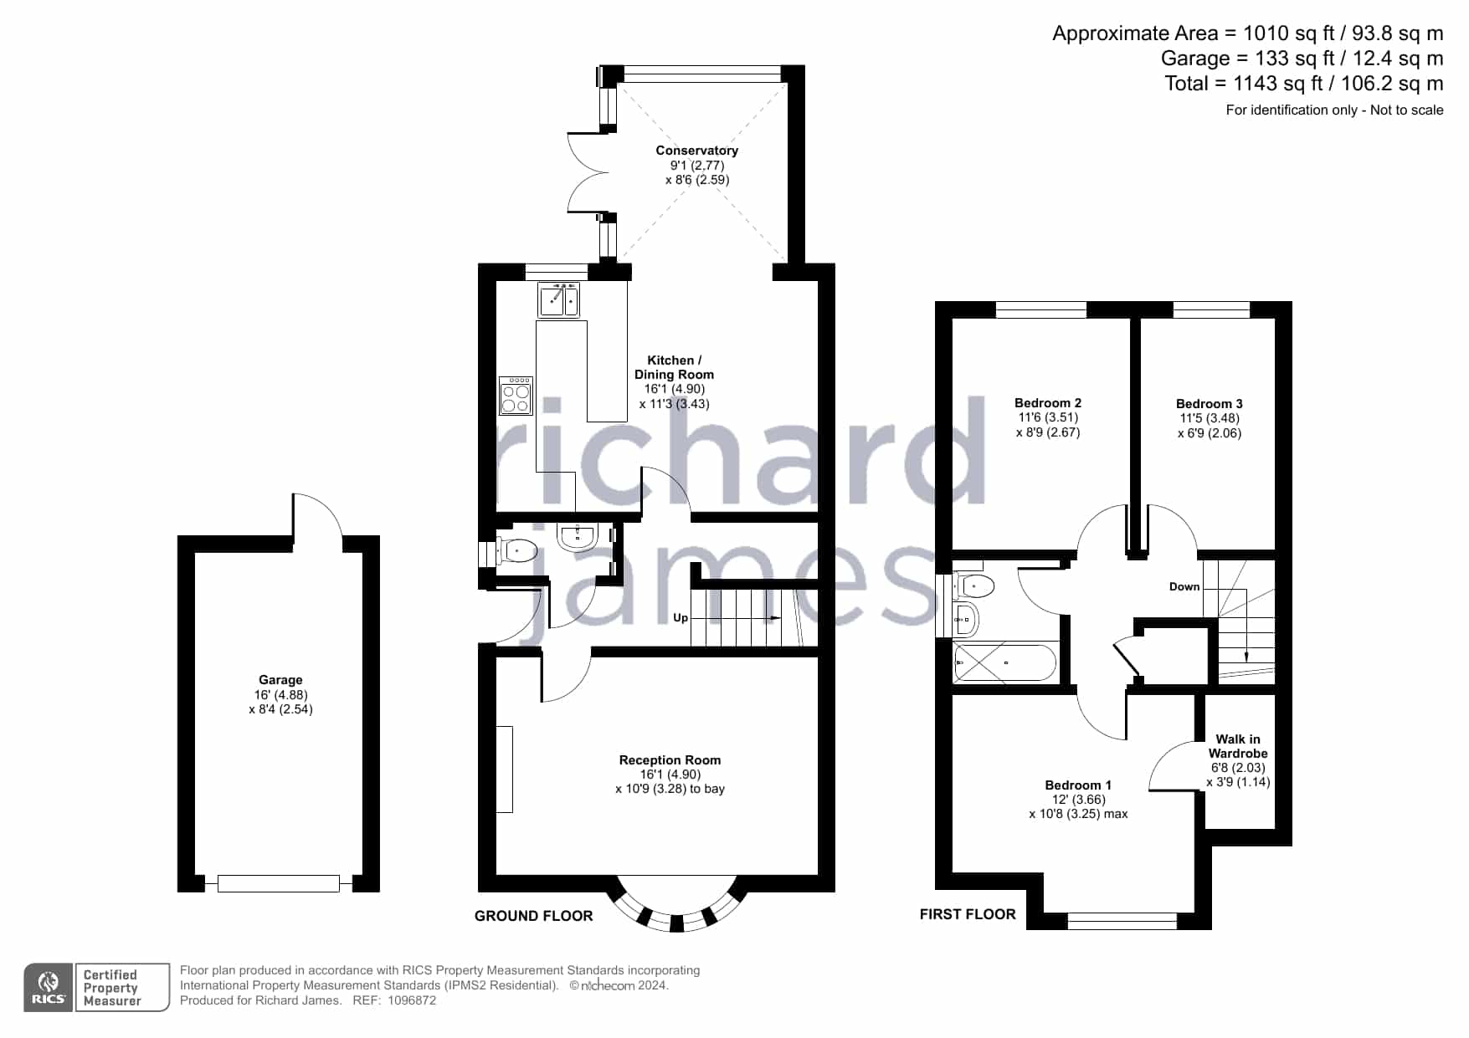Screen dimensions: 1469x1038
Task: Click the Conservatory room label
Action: click(696, 151)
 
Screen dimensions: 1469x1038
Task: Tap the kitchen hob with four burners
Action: click(516, 396)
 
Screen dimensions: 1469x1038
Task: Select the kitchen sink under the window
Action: click(559, 300)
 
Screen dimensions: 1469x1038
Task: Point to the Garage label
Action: click(280, 680)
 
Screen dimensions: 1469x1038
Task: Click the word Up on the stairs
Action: click(681, 618)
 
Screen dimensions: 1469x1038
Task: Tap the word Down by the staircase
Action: click(1184, 586)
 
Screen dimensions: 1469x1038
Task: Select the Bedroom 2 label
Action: click(1048, 403)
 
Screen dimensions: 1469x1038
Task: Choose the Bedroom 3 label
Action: click(1210, 404)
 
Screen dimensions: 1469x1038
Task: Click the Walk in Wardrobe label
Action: click(1238, 746)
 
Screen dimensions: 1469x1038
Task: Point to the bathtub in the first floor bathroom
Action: click(1005, 663)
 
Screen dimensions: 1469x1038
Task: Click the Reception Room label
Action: click(670, 760)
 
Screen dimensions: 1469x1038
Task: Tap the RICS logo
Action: click(49, 988)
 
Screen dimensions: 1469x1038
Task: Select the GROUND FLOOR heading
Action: click(534, 916)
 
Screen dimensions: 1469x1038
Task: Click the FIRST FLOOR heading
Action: click(968, 914)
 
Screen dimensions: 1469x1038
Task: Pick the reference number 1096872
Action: click(410, 1000)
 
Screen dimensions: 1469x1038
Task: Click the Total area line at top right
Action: click(1304, 84)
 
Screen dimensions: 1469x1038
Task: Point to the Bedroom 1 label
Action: click(1078, 785)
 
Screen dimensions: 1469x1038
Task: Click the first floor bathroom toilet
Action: click(974, 585)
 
